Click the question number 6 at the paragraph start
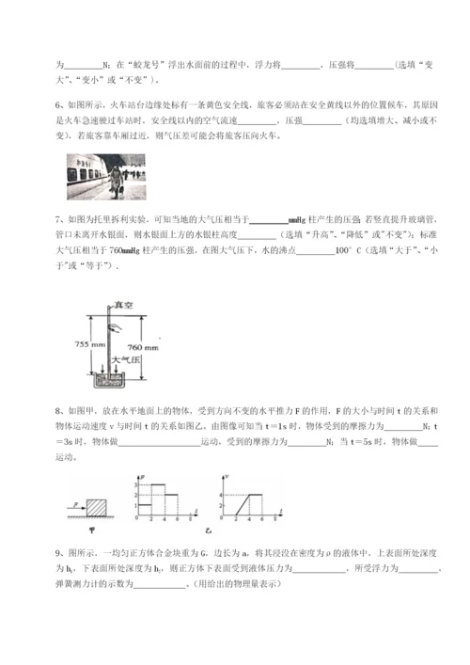tap(58, 107)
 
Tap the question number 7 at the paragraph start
tap(58, 220)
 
